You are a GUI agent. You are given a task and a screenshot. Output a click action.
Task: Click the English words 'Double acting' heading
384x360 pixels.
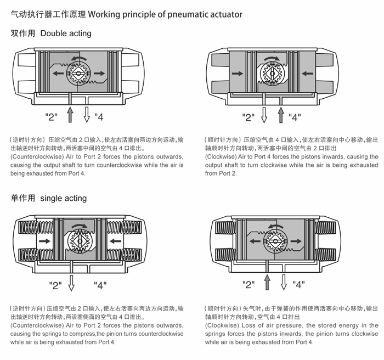[x=66, y=33]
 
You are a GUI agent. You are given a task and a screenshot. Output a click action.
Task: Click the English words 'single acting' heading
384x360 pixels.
[x=64, y=198]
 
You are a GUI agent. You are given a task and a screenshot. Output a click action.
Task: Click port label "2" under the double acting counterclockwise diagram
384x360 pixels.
[x=52, y=116]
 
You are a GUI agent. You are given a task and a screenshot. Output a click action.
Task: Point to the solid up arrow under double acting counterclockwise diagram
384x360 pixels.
[x=70, y=114]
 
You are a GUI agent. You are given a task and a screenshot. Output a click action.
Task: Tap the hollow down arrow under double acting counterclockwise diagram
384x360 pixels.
[x=86, y=114]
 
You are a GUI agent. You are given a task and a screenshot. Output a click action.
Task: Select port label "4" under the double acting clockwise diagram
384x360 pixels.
[x=295, y=116]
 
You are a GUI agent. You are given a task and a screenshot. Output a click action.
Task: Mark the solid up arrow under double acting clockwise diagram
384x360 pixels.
[x=281, y=114]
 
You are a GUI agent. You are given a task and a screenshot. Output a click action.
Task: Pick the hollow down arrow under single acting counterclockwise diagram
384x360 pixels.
[x=71, y=282]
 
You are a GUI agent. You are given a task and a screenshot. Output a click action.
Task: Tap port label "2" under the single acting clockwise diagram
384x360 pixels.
[x=249, y=284]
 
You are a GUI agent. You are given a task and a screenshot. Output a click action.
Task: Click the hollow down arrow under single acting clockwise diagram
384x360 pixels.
[x=284, y=282]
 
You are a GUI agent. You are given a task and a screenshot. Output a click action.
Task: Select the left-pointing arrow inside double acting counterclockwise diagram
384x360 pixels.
[x=57, y=73]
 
